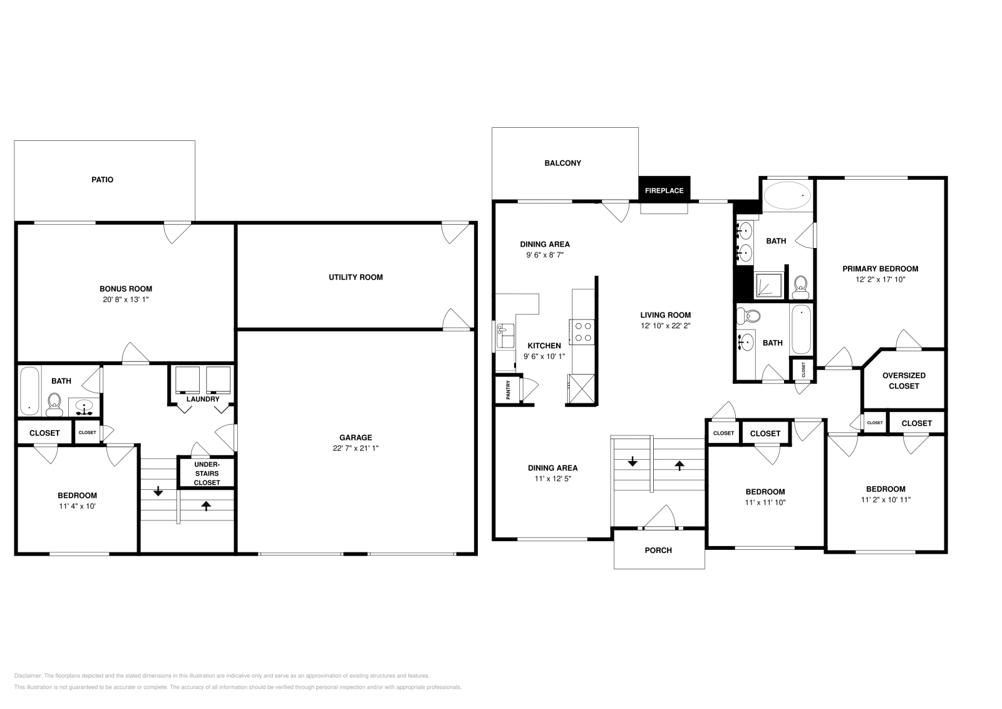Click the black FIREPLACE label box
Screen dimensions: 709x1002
coord(664,190)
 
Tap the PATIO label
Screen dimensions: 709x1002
coord(103,180)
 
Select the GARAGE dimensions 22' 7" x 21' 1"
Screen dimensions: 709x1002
coord(356,448)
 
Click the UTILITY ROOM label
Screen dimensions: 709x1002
coord(356,277)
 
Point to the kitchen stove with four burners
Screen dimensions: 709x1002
coord(582,331)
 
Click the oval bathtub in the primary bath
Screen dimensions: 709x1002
coord(787,196)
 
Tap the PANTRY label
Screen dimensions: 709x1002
coord(509,390)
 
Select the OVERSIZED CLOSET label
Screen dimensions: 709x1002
coord(904,381)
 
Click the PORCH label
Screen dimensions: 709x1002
coord(658,551)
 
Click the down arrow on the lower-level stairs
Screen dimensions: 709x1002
coord(158,491)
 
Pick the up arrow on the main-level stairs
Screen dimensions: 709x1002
coord(679,465)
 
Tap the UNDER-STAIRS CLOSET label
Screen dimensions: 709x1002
coord(207,474)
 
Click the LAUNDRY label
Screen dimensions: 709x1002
coord(203,399)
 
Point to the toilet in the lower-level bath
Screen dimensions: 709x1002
coord(54,405)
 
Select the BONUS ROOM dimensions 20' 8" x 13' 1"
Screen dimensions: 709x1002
coord(126,299)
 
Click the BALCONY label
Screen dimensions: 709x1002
coord(562,163)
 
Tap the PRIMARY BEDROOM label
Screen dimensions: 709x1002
coord(880,269)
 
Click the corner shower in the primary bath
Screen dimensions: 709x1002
coord(768,286)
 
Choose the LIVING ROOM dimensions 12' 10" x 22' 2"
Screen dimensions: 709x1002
coord(665,326)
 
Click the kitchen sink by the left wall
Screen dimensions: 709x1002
coord(505,336)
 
